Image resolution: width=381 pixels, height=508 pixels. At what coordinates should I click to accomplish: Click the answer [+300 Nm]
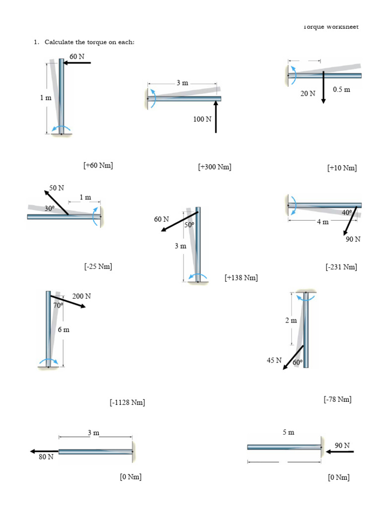click(x=214, y=167)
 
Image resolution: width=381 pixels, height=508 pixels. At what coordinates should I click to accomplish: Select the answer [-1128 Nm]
click(x=127, y=402)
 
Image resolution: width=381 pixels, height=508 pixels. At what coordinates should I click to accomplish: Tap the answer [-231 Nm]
click(x=341, y=267)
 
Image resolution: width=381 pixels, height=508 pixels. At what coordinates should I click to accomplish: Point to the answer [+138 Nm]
click(x=241, y=278)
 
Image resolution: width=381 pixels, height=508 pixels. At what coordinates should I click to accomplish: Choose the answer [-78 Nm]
click(x=337, y=399)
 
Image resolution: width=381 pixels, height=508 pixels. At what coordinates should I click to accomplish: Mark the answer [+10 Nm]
click(x=342, y=168)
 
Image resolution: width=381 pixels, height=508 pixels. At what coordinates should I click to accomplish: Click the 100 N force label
click(x=202, y=119)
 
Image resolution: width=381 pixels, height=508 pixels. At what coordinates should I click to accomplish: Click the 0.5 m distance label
click(x=341, y=90)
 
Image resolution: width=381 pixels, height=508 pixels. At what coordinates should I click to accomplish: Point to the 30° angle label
click(x=50, y=209)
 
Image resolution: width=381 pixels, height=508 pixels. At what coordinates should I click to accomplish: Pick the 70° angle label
click(x=59, y=306)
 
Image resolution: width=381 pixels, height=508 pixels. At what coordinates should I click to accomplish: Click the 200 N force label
click(x=82, y=296)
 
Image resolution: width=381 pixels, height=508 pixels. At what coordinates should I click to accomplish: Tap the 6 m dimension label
click(x=63, y=329)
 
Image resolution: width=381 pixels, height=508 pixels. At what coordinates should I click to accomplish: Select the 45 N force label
click(x=274, y=360)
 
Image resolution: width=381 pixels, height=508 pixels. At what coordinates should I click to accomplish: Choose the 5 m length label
click(x=288, y=432)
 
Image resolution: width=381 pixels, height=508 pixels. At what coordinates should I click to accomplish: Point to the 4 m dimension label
click(x=323, y=222)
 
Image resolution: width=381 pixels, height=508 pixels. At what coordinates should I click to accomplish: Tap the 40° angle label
click(x=347, y=212)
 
